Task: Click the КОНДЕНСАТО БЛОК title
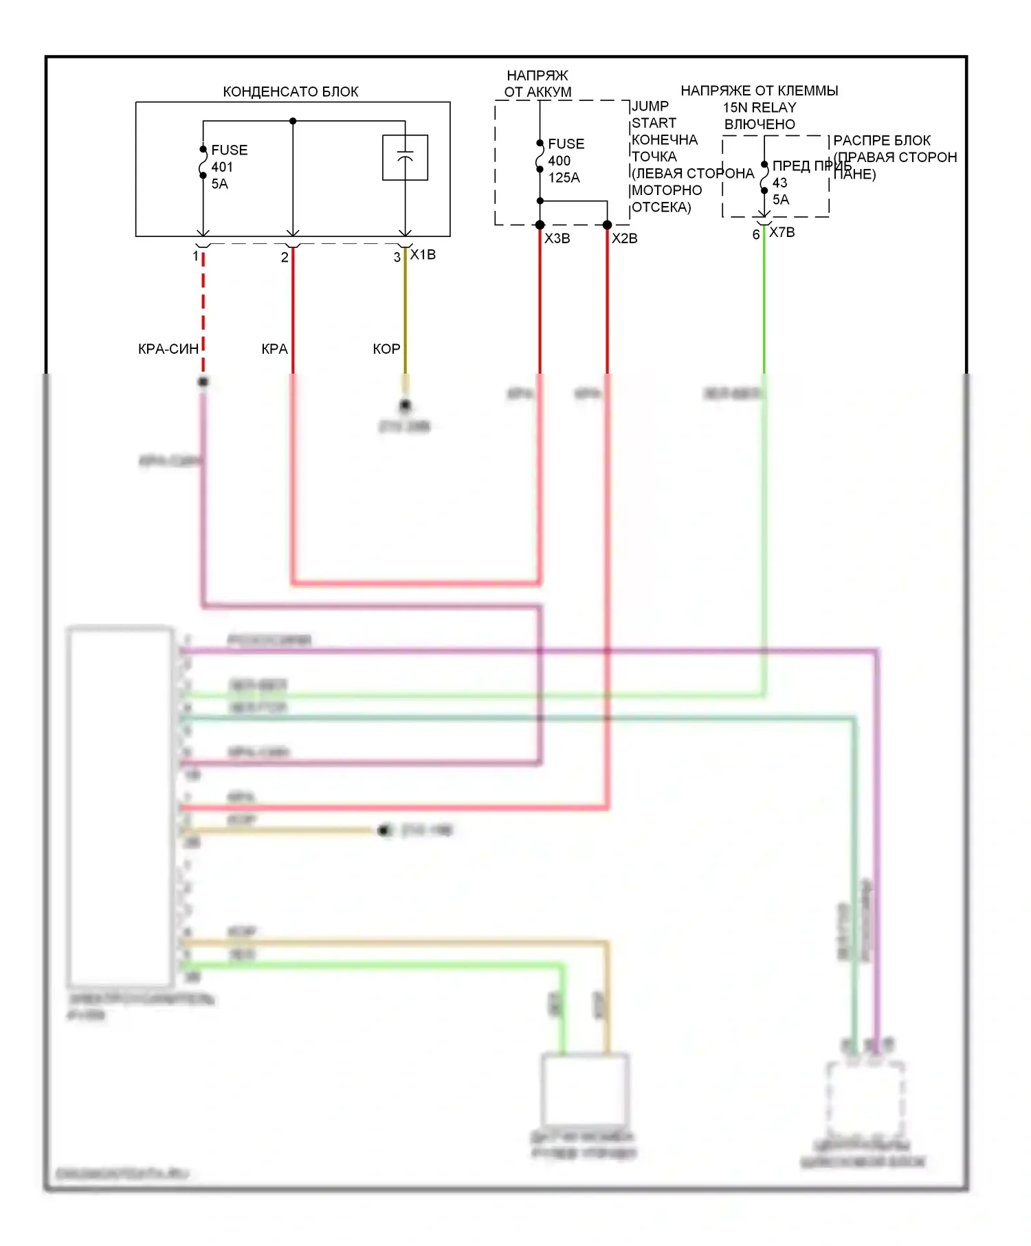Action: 290,91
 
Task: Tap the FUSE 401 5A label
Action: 228,167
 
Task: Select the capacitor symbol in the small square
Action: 405,157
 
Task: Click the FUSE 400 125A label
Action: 565,161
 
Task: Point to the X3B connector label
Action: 557,238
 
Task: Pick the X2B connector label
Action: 624,238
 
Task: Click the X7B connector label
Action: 781,232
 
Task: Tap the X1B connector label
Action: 423,255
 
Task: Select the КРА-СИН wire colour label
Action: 168,349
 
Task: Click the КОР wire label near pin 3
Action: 386,349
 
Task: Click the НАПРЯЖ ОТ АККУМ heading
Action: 537,84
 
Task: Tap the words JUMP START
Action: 653,115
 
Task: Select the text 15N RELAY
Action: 759,108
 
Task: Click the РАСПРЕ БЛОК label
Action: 882,140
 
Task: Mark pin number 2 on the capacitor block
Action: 285,258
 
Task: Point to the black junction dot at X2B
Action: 607,225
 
